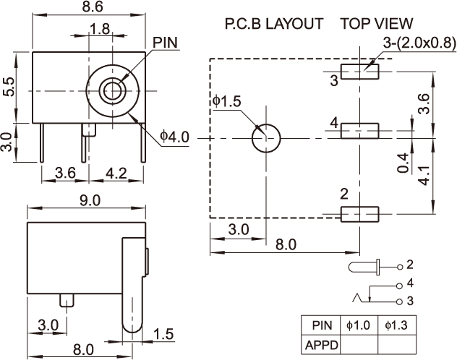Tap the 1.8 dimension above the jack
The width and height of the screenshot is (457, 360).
[101, 29]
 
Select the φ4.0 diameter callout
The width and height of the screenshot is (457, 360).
[174, 135]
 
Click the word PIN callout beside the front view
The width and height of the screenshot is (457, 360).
[165, 43]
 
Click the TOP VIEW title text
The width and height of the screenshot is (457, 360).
[377, 24]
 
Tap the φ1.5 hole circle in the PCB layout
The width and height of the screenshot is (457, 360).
[265, 137]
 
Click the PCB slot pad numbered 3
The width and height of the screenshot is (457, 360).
[360, 71]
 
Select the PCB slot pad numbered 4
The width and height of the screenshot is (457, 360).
[360, 130]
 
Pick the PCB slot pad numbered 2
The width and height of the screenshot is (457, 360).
[360, 214]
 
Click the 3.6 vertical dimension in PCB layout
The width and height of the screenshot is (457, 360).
[427, 103]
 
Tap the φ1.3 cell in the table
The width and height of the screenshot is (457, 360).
[397, 325]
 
